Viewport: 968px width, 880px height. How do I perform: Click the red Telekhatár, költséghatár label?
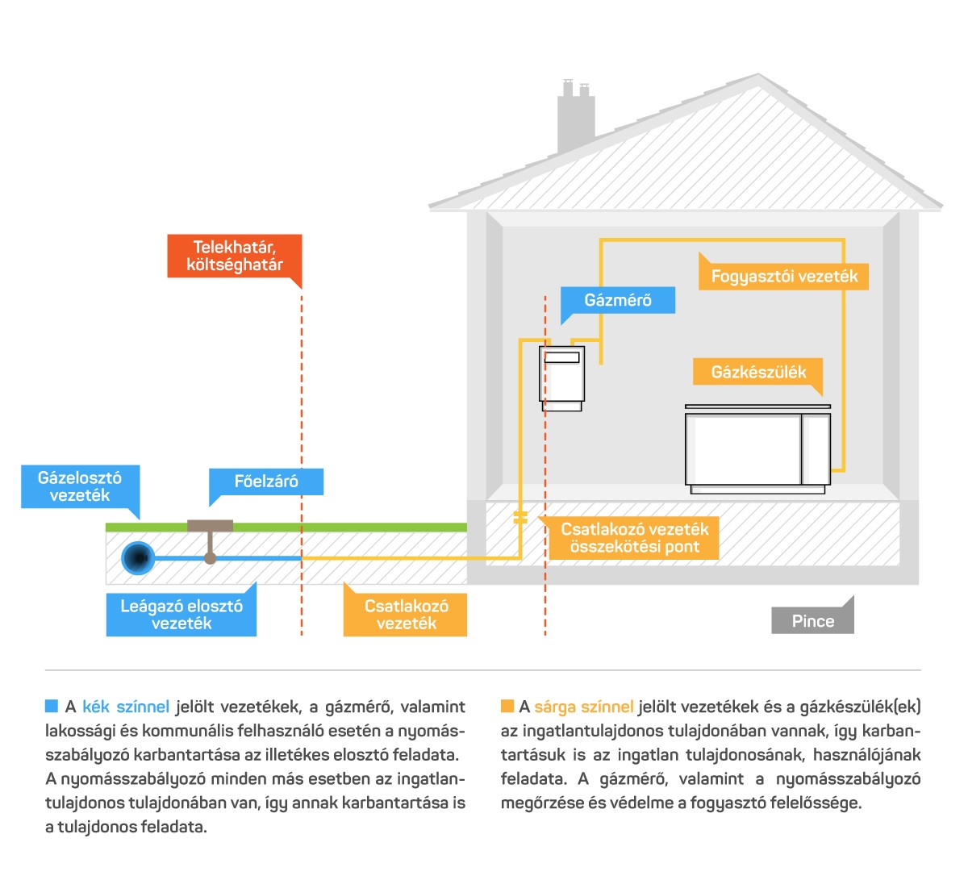pyautogui.click(x=235, y=256)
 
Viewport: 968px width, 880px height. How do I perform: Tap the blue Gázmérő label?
pyautogui.click(x=618, y=300)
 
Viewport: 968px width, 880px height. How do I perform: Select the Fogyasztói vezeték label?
pyautogui.click(x=783, y=276)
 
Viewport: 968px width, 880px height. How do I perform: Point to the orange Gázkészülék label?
pyautogui.click(x=757, y=372)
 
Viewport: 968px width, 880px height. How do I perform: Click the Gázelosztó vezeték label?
pyautogui.click(x=80, y=486)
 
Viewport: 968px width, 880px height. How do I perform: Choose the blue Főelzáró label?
pyautogui.click(x=266, y=482)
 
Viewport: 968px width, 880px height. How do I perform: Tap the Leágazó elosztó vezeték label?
pyautogui.click(x=181, y=615)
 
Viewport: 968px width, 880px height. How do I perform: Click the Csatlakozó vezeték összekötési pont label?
pyautogui.click(x=634, y=538)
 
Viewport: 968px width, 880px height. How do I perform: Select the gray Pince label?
pyautogui.click(x=812, y=621)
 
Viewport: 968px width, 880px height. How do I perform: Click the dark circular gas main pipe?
pyautogui.click(x=139, y=558)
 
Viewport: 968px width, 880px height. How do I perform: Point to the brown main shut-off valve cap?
pyautogui.click(x=210, y=526)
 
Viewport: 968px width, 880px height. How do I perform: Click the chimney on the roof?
pyautogui.click(x=576, y=117)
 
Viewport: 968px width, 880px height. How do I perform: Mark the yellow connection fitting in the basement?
pyautogui.click(x=520, y=518)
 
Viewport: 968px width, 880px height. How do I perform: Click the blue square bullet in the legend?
pyautogui.click(x=51, y=706)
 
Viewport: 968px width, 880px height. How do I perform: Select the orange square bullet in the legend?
pyautogui.click(x=507, y=706)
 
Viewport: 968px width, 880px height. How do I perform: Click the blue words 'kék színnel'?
pyautogui.click(x=126, y=707)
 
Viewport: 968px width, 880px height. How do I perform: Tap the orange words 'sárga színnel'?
pyautogui.click(x=583, y=707)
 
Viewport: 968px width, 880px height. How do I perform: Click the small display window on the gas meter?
pyautogui.click(x=561, y=357)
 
